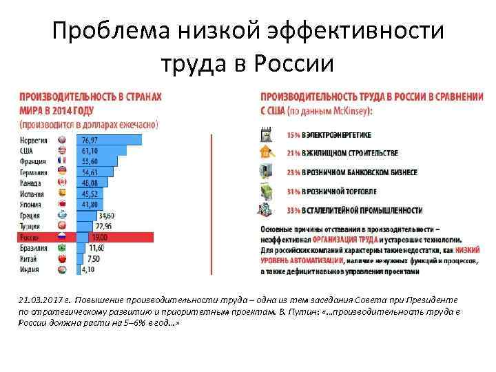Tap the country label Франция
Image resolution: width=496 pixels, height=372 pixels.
click(x=34, y=161)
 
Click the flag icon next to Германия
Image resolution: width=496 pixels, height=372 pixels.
click(x=62, y=172)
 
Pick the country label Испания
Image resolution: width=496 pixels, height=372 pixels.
click(x=34, y=194)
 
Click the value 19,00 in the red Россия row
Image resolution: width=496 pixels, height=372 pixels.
click(x=100, y=237)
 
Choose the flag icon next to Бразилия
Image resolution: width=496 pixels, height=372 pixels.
click(x=62, y=247)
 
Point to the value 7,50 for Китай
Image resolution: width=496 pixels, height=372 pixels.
click(x=94, y=258)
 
